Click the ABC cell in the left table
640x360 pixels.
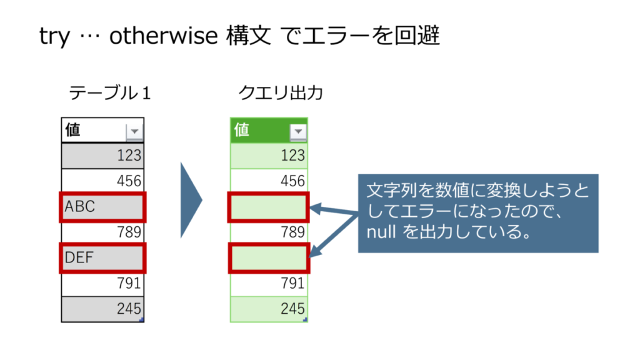(x=102, y=207)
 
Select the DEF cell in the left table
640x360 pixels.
(x=102, y=258)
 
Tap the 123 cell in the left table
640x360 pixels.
(x=102, y=156)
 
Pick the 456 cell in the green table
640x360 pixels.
(x=269, y=181)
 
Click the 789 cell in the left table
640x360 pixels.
(x=102, y=232)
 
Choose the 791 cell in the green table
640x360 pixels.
(x=269, y=284)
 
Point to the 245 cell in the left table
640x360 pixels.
(x=102, y=309)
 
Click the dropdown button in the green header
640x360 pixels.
(x=298, y=132)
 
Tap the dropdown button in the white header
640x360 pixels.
(x=134, y=132)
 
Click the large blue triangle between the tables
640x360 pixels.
(x=190, y=201)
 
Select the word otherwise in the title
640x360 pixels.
(x=164, y=36)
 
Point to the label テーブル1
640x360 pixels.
(x=110, y=93)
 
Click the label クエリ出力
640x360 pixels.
(x=281, y=93)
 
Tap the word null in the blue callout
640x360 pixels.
(x=381, y=232)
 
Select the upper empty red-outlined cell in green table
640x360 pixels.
(x=269, y=207)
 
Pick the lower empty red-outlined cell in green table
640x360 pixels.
(x=269, y=258)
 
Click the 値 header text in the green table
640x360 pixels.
(x=242, y=130)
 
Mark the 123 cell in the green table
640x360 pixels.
(x=269, y=156)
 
